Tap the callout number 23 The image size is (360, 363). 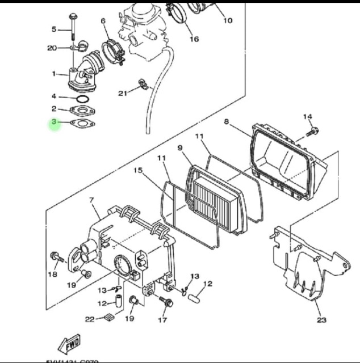322,320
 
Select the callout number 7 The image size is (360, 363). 90,201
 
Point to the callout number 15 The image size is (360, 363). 138,171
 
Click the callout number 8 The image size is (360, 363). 226,121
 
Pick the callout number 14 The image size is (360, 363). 307,117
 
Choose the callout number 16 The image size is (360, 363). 194,39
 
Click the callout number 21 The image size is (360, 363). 123,93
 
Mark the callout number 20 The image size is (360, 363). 52,48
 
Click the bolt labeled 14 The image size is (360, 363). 313,132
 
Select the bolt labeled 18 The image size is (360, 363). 56,257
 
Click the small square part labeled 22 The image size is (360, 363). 110,318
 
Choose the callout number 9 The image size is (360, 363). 181,149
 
